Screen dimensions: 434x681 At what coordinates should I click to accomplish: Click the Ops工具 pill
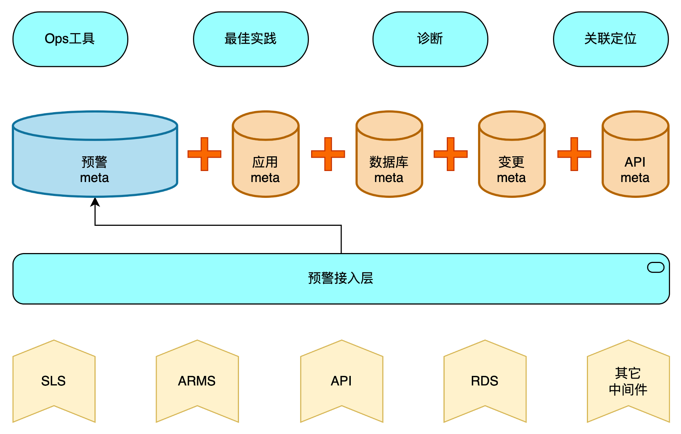click(x=70, y=39)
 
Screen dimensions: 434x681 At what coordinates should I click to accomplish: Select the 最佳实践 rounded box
click(x=251, y=39)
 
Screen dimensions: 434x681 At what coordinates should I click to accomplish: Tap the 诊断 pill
click(x=430, y=39)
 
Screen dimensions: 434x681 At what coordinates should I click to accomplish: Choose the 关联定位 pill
click(x=611, y=39)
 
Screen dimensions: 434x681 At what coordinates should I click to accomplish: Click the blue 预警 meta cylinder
click(x=95, y=162)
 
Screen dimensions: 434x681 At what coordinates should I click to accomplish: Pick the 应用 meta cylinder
click(x=265, y=162)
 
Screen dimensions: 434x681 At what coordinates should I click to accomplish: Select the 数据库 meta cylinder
click(x=389, y=162)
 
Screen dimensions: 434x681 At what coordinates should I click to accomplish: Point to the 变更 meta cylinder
click(x=511, y=162)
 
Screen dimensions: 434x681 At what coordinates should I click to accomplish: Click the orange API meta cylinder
click(x=635, y=162)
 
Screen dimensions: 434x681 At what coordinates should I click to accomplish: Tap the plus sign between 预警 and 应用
click(x=204, y=154)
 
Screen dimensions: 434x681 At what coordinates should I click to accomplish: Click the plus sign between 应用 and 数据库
click(x=328, y=154)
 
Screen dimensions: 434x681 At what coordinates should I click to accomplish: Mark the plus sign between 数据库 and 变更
click(x=450, y=154)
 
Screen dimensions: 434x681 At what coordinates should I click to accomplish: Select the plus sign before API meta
click(x=574, y=154)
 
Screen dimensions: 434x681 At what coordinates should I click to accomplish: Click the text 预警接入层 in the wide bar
click(x=340, y=278)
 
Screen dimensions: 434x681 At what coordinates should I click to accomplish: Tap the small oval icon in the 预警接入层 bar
click(x=656, y=267)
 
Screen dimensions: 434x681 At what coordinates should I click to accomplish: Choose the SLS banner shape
click(x=54, y=381)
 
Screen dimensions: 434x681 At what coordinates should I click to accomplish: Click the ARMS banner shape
click(x=197, y=381)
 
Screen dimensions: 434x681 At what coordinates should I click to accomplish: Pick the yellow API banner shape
click(x=342, y=381)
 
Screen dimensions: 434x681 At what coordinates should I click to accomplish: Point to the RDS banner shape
click(x=485, y=381)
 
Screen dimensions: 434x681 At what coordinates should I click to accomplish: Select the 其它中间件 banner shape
click(x=628, y=381)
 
